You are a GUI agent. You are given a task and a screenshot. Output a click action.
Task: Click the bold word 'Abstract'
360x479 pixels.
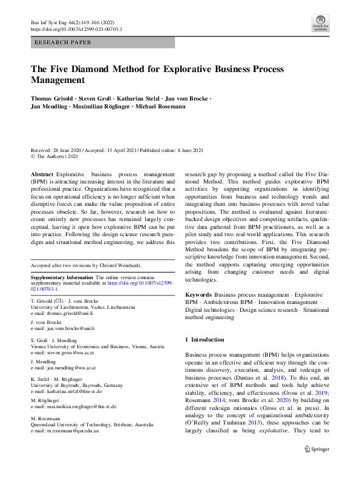[42, 173]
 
